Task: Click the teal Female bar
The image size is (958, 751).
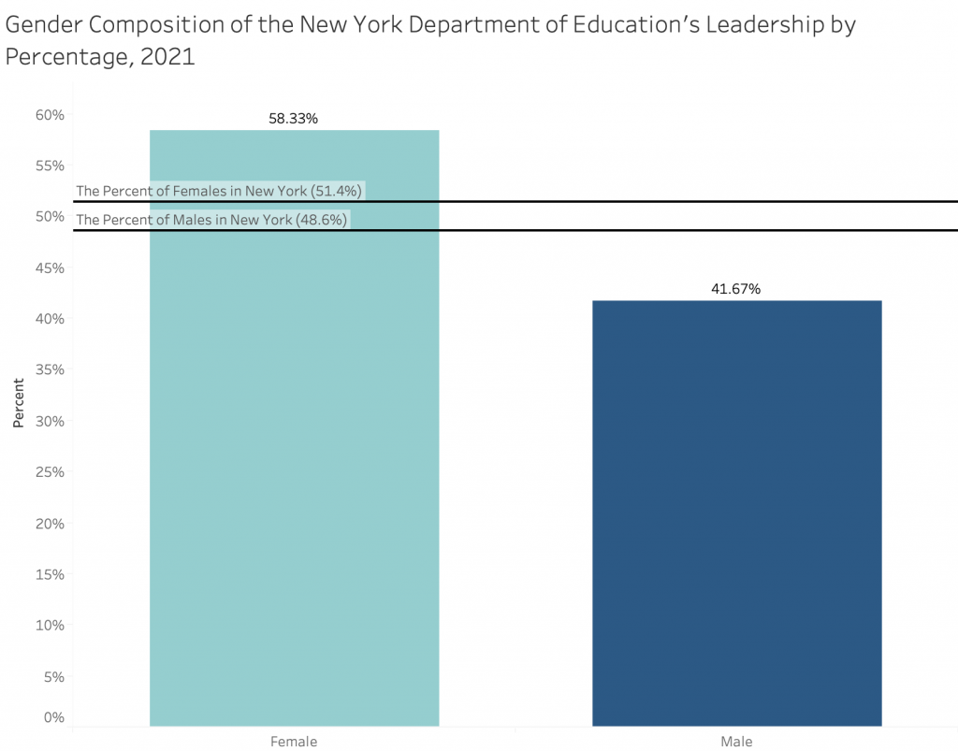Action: pos(294,449)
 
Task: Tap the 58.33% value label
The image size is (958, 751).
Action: pos(293,119)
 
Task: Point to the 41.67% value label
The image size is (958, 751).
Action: pos(735,289)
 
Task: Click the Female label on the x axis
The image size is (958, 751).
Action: pos(294,741)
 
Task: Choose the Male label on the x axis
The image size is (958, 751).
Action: pos(736,741)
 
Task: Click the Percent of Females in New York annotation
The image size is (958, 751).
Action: pos(219,191)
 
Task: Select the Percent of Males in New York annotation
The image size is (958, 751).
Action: pos(211,220)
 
